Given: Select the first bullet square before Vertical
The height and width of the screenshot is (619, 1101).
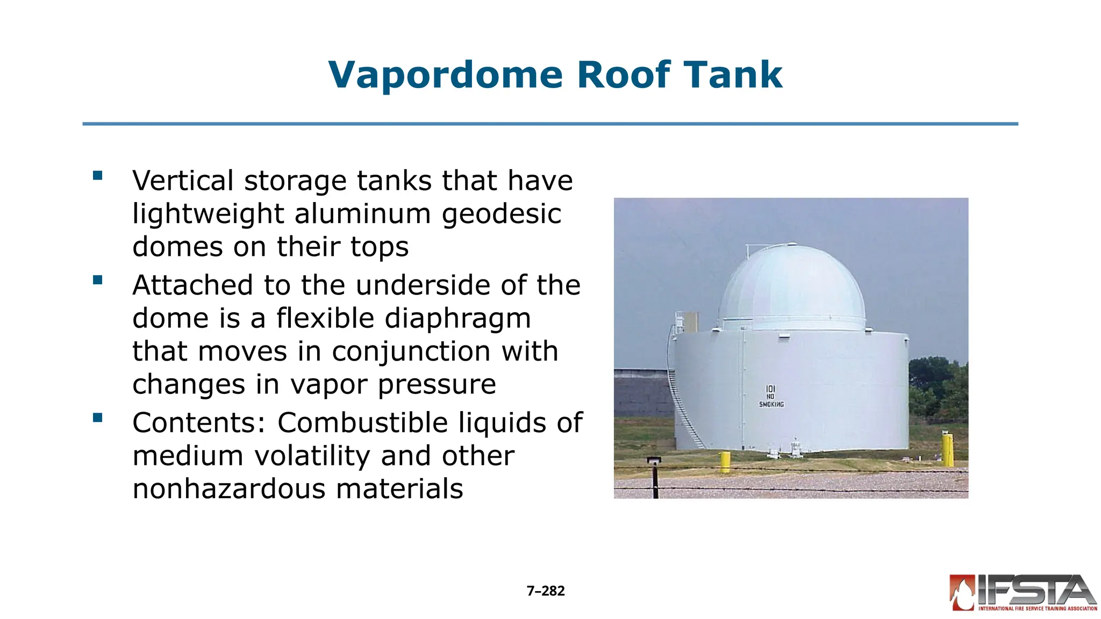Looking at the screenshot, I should tap(97, 176).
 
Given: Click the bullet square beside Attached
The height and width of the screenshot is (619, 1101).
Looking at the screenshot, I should tap(97, 280).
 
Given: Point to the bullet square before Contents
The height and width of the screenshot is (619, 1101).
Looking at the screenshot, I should tap(97, 418).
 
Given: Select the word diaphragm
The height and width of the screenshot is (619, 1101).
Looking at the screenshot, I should tap(403, 319).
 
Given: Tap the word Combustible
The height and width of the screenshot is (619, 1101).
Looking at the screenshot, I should tap(362, 422).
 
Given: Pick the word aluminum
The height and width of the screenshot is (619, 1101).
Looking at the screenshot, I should tap(363, 214).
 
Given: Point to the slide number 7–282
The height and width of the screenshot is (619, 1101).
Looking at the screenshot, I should tap(546, 591).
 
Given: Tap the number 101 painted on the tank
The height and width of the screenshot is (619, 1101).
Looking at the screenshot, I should tap(770, 388).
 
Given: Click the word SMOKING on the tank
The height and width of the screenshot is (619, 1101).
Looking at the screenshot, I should tap(771, 404).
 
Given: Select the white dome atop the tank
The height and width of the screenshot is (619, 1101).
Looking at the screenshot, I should tap(792, 289).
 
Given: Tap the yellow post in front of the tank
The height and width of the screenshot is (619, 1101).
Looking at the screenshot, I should tap(725, 462).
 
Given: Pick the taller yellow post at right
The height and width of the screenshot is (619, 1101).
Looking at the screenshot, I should tap(947, 450).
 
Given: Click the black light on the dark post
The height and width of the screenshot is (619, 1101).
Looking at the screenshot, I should tap(654, 460).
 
